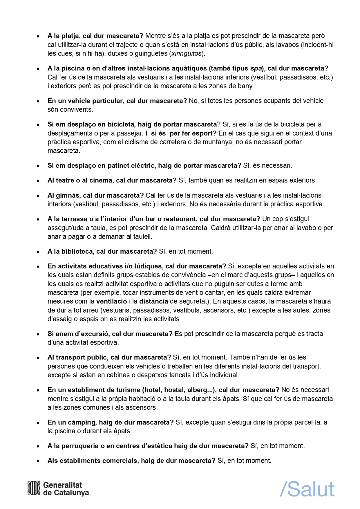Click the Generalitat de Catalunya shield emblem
33,488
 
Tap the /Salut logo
307,489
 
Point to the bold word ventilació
112,301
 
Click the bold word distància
154,301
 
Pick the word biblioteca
77,251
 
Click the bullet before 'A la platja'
38,36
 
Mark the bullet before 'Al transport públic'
38,358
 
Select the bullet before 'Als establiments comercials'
38,461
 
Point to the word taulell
142,237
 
